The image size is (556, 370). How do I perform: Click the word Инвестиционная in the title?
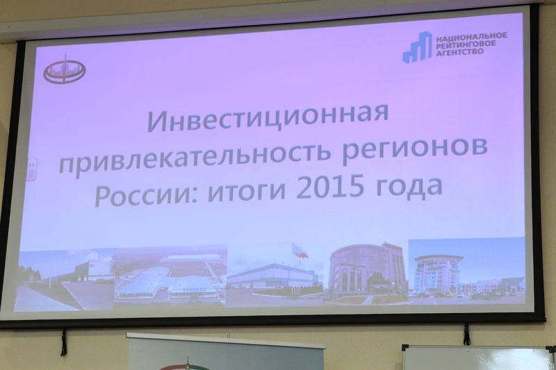pos(268,117)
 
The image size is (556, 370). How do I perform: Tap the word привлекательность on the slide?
pos(195,158)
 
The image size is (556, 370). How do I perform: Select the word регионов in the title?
pos(414,150)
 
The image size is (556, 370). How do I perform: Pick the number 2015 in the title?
pos(330,187)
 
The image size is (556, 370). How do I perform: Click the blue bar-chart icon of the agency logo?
pos(417,47)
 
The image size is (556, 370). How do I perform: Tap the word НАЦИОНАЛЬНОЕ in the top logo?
pos(471,36)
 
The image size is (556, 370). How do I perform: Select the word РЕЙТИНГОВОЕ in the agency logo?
pos(465,44)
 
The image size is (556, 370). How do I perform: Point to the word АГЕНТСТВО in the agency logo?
pos(459,51)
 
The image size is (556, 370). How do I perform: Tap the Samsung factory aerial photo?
pos(170,275)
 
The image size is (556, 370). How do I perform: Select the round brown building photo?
pos(366,274)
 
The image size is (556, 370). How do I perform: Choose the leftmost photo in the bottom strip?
pos(65,280)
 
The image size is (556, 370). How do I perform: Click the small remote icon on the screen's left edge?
pos(31,169)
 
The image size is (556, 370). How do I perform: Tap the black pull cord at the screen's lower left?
pos(64,342)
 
